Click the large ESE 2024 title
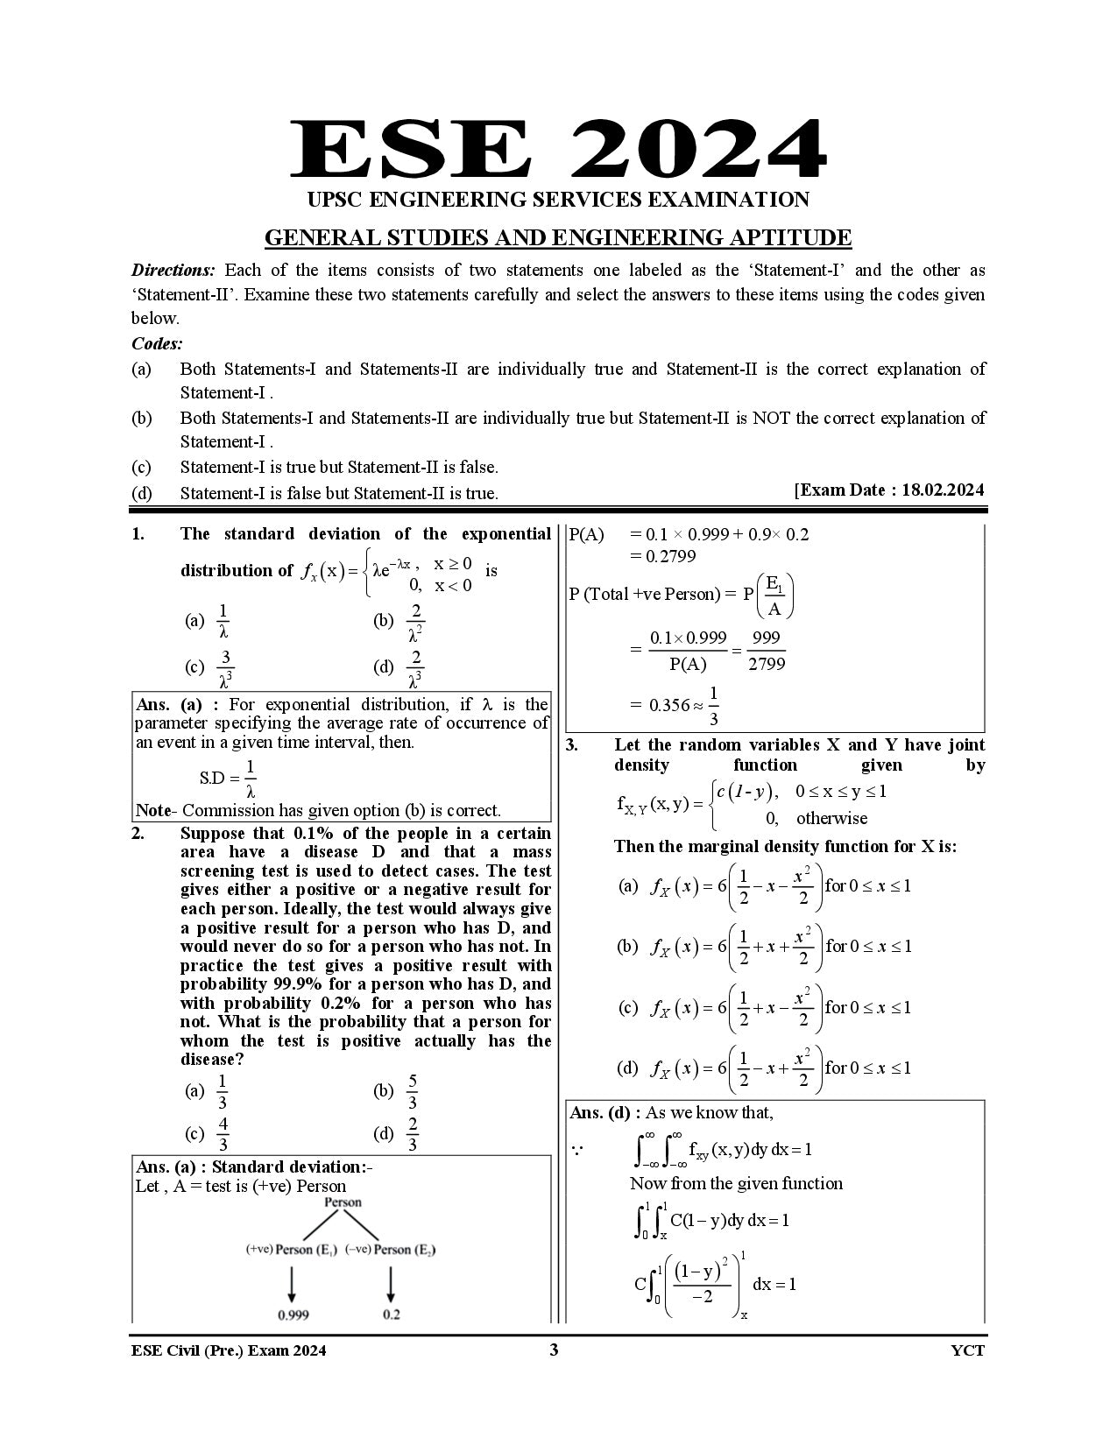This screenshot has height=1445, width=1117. tap(557, 151)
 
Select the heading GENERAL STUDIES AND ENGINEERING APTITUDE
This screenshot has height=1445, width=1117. tap(557, 238)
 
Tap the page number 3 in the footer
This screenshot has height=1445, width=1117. tap(553, 1350)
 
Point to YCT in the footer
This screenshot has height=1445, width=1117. tap(967, 1350)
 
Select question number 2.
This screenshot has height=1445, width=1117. tap(138, 833)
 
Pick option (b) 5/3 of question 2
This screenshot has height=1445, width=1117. tap(412, 1091)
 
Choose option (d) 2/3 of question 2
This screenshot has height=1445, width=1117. tap(412, 1134)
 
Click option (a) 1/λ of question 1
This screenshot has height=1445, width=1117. tap(223, 621)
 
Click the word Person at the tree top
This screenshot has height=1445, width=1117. tap(343, 1202)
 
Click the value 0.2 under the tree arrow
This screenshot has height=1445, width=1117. tap(391, 1315)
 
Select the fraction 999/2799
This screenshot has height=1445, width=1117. tap(767, 650)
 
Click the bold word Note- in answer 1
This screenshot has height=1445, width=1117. tap(156, 810)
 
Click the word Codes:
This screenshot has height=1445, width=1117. tap(157, 343)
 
